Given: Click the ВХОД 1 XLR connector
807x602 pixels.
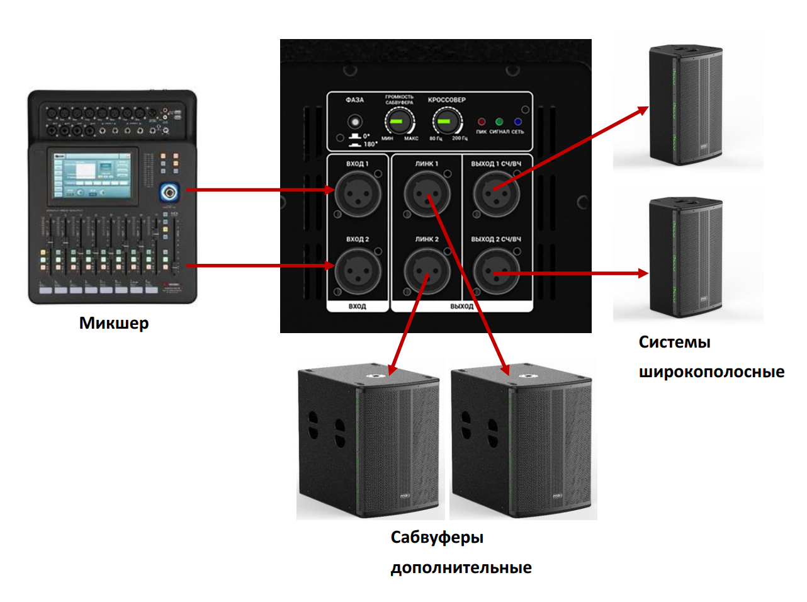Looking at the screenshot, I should point(358,193).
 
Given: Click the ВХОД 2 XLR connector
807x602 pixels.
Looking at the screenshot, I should point(358,271).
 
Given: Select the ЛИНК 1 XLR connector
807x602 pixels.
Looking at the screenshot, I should point(427,193).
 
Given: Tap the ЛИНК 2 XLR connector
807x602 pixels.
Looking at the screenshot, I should point(427,271).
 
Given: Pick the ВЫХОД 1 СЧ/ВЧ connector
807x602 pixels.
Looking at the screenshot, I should point(496,193).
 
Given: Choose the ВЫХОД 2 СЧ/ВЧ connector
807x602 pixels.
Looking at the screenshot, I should point(496,271).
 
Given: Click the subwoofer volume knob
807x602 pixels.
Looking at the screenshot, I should point(399,122).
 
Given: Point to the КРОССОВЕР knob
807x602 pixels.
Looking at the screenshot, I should point(446,122).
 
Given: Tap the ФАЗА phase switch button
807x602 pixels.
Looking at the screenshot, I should point(356,121).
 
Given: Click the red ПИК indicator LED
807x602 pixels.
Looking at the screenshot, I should point(482,122).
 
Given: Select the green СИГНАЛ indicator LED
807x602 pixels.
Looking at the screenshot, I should point(499,122).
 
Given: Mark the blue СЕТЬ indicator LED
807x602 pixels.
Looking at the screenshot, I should point(517,122).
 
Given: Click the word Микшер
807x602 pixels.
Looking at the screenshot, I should point(114,323).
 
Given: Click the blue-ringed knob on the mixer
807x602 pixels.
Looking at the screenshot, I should point(169,191).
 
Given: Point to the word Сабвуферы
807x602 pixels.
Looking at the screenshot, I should point(437,537).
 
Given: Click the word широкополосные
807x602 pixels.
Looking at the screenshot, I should point(711,372).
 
